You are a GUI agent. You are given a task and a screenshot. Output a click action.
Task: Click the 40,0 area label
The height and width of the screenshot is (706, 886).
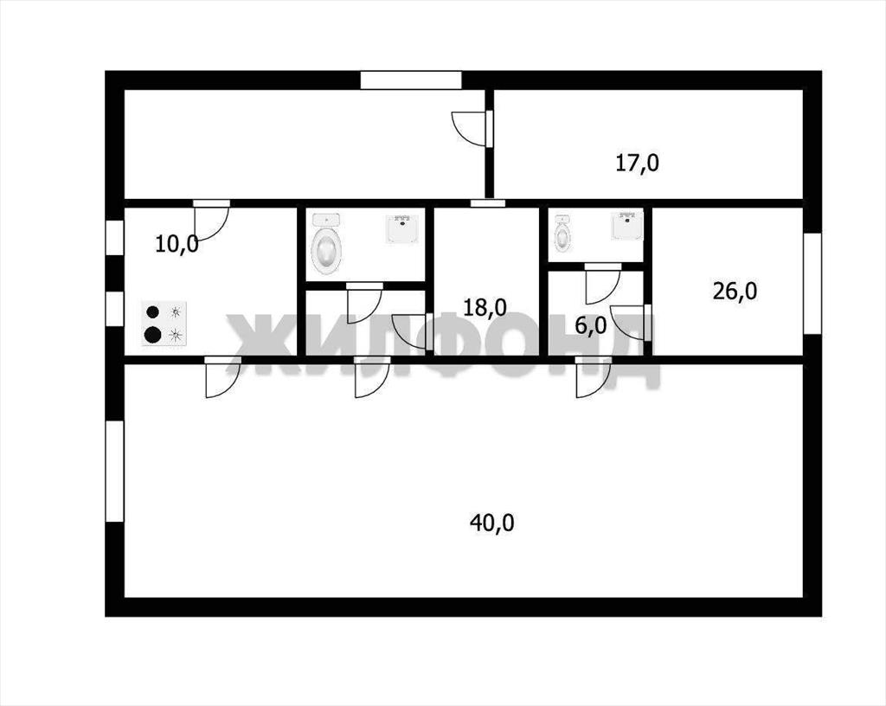(491, 523)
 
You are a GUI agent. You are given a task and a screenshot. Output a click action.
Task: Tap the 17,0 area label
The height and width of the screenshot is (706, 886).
(637, 164)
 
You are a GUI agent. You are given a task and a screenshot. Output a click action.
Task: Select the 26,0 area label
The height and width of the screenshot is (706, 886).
(735, 292)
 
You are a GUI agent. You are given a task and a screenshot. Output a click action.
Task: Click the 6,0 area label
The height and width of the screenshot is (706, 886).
(590, 325)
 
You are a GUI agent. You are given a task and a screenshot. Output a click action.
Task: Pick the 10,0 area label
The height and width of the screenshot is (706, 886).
(177, 245)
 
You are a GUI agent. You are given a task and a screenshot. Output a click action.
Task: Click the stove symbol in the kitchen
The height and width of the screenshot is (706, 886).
(164, 323)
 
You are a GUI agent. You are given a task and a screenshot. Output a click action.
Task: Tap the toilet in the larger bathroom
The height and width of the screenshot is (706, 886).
(326, 245)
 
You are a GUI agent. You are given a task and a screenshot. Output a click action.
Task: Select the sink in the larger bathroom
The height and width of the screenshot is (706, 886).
(402, 228)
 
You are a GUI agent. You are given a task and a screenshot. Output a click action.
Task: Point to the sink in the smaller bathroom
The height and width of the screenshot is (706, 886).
(627, 225)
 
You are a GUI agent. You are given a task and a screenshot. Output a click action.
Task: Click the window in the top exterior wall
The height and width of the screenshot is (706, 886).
(411, 80)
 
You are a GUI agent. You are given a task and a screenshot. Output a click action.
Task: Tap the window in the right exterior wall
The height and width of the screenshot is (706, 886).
(812, 283)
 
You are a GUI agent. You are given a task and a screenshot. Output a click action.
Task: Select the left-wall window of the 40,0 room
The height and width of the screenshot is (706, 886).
(115, 471)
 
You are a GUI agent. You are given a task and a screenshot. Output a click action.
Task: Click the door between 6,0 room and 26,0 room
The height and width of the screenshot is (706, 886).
(632, 323)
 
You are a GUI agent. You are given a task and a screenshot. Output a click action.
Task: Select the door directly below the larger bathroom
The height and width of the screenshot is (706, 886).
(364, 303)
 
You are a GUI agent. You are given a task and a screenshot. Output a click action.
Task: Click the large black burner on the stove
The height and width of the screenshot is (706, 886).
(152, 335)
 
